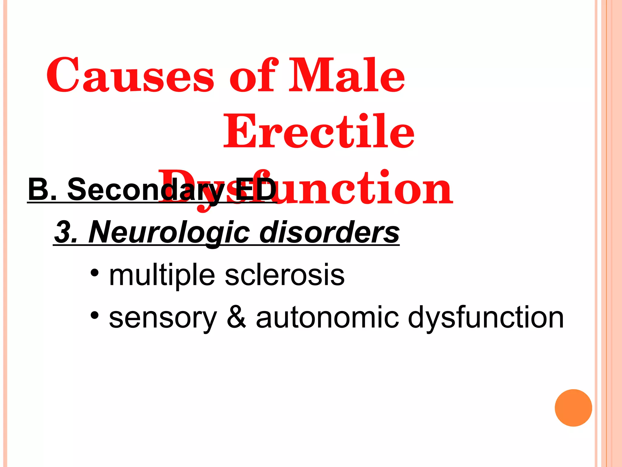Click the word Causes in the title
(x=130, y=75)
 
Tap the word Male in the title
(x=346, y=75)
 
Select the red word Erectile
(x=319, y=131)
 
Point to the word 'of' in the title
(x=254, y=75)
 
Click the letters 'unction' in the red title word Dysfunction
(x=364, y=188)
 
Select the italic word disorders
(x=329, y=233)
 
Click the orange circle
(x=573, y=408)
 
